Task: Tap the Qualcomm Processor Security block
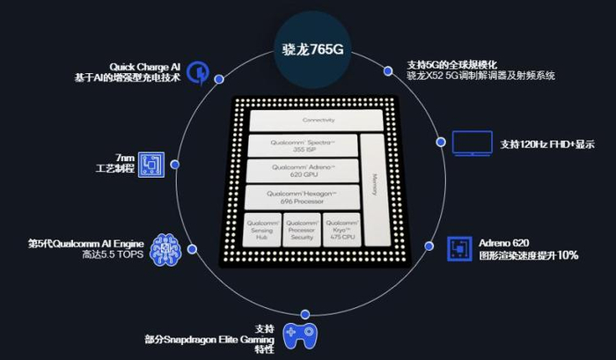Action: pos(302,230)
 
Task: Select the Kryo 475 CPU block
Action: pos(341,230)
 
